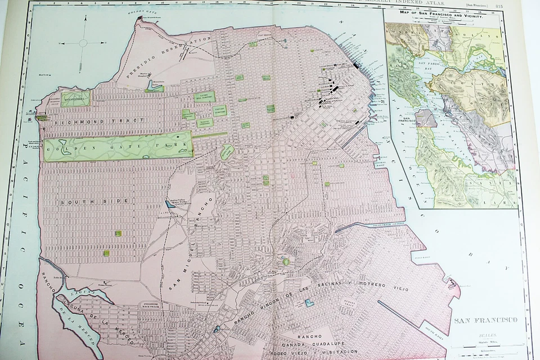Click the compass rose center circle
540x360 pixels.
(x=83, y=43)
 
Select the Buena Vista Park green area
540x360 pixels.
(x=227, y=151)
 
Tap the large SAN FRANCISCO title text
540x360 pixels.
(x=485, y=321)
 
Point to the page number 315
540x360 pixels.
(x=499, y=6)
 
